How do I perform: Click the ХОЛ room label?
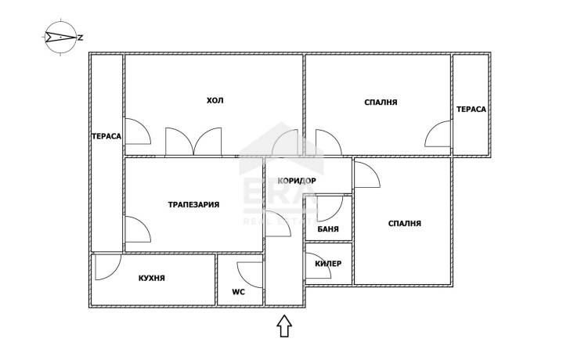pos(215,100)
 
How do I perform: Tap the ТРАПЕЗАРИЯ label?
pos(193,204)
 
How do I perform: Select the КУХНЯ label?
pos(152,278)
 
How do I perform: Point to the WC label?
pos(238,292)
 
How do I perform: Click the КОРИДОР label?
pos(297,181)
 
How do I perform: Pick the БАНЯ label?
pos(328,229)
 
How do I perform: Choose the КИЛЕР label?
pos(328,264)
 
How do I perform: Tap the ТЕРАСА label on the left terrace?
pos(106,136)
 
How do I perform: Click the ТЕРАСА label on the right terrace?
pos(471,109)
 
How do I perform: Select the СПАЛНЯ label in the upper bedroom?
pos(381,103)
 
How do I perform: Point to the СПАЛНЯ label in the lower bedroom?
pos(404,223)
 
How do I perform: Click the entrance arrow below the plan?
pos(284,326)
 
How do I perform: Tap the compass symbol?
pos(60,37)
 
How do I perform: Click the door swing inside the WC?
pos(250,275)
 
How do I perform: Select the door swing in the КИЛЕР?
pos(318,266)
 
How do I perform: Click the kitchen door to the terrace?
pos(108,267)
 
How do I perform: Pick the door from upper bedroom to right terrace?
pos(438,134)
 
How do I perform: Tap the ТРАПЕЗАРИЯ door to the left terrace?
pos(138,229)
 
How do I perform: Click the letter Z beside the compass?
pos(81,37)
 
